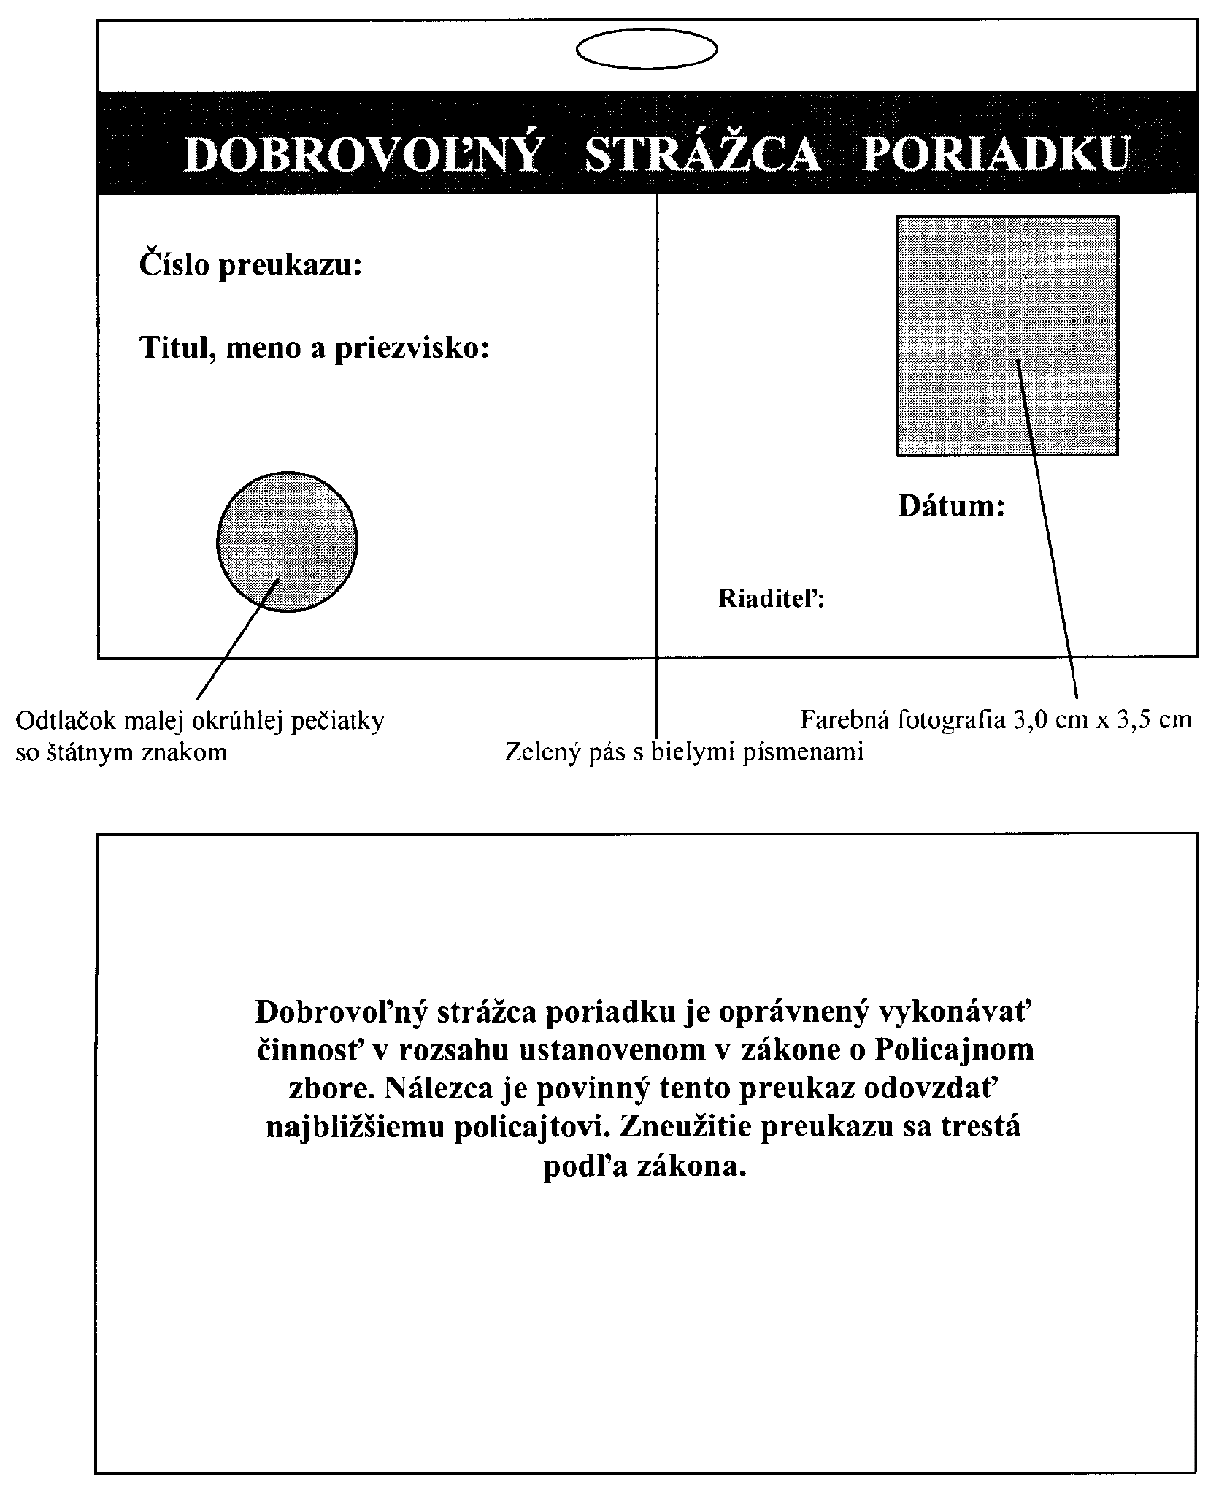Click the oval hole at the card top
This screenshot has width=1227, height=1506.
click(x=646, y=50)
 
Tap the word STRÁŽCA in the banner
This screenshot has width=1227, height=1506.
click(x=703, y=153)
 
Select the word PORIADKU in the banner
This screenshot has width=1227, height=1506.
click(x=996, y=153)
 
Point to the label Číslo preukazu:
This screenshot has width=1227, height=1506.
click(x=250, y=264)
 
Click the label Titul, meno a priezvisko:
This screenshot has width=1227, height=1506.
click(x=314, y=348)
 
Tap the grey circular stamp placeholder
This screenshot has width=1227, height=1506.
click(x=287, y=541)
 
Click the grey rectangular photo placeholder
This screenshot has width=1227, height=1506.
click(x=1007, y=335)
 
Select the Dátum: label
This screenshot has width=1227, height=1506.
click(x=951, y=505)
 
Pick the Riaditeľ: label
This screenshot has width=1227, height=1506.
click(x=772, y=599)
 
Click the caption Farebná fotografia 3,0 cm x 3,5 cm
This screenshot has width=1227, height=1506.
click(x=996, y=720)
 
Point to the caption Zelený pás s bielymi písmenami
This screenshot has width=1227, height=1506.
click(x=684, y=752)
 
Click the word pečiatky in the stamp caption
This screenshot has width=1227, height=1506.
click(x=337, y=721)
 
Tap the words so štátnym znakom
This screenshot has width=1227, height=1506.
click(x=121, y=752)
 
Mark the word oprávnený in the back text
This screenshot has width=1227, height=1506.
click(x=795, y=1011)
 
